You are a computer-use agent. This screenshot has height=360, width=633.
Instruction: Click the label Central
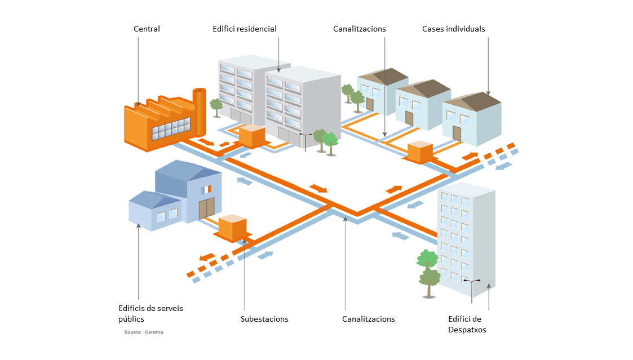[147, 29]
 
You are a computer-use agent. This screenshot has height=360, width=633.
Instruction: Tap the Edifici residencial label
[245, 29]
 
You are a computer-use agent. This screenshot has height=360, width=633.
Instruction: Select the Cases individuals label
[453, 29]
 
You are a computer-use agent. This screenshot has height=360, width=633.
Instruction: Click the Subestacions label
[264, 319]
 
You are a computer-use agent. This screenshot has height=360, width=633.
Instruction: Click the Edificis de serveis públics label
[150, 313]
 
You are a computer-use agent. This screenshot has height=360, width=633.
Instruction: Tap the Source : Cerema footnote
[144, 332]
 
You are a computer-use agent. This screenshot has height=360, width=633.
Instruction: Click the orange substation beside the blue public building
[232, 227]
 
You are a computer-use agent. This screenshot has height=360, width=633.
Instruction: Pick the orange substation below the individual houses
[419, 152]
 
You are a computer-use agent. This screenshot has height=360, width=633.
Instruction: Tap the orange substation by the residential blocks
[252, 136]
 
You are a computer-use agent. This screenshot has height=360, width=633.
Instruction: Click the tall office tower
[466, 237]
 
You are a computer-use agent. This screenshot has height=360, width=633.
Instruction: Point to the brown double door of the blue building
[206, 208]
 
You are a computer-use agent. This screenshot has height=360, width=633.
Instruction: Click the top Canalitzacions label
[359, 29]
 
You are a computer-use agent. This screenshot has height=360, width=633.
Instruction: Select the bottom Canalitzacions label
[369, 319]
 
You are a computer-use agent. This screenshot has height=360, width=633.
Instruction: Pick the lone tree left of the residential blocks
[216, 106]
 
